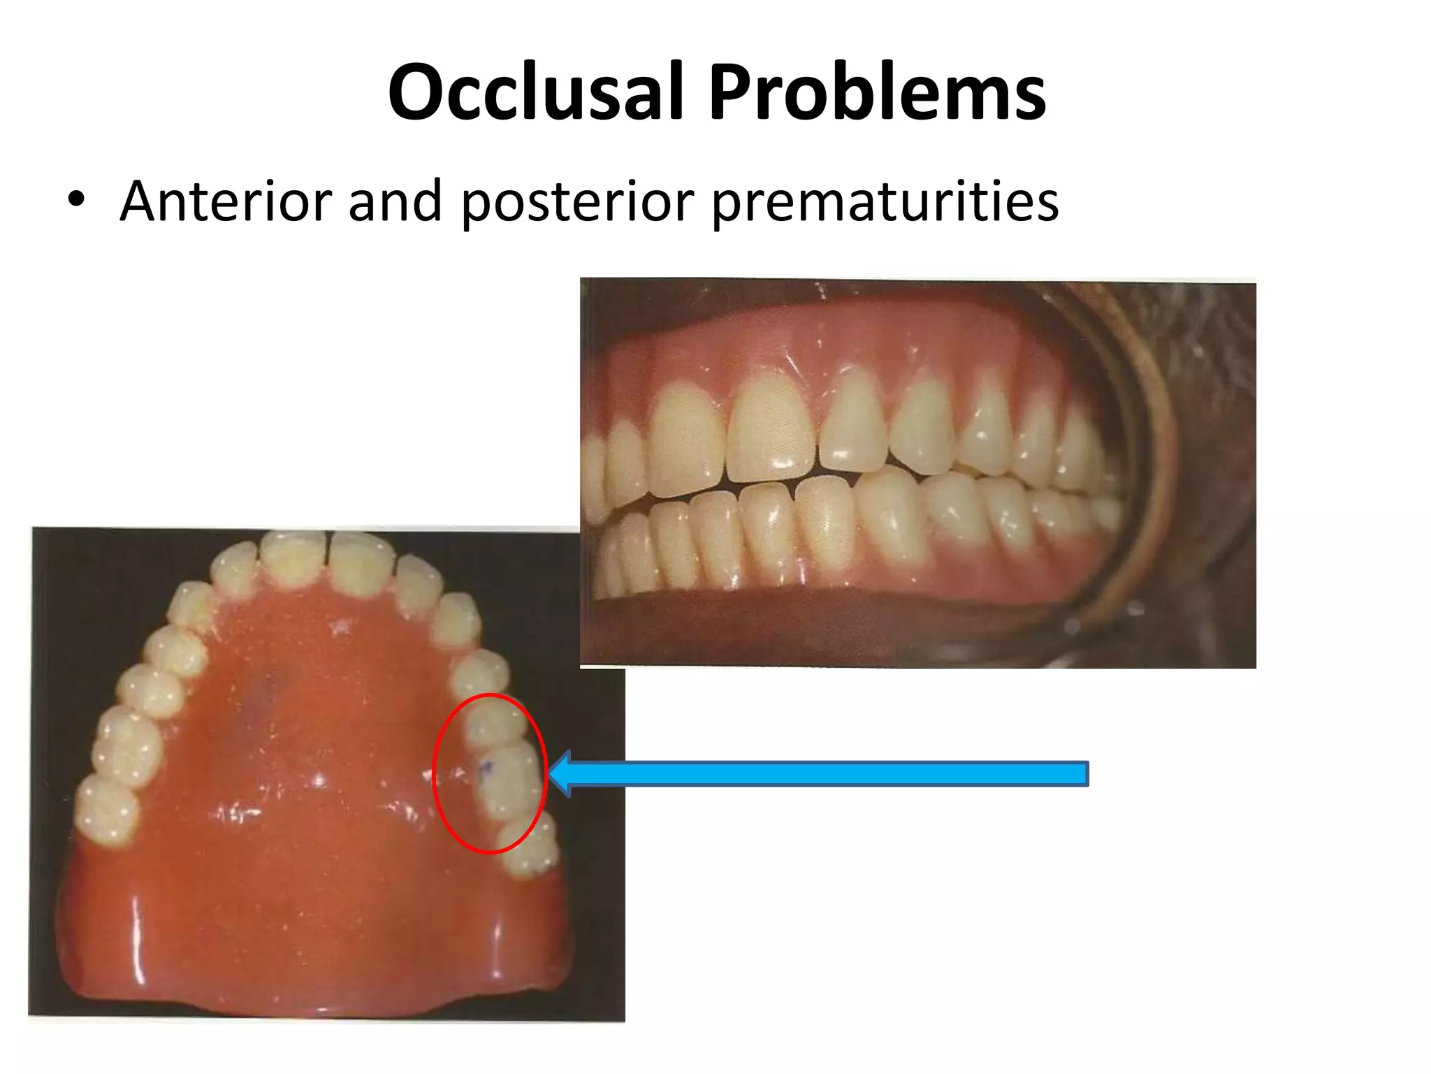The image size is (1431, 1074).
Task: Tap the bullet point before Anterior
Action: (x=76, y=201)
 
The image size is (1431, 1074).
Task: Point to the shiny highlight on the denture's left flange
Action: (x=137, y=937)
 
